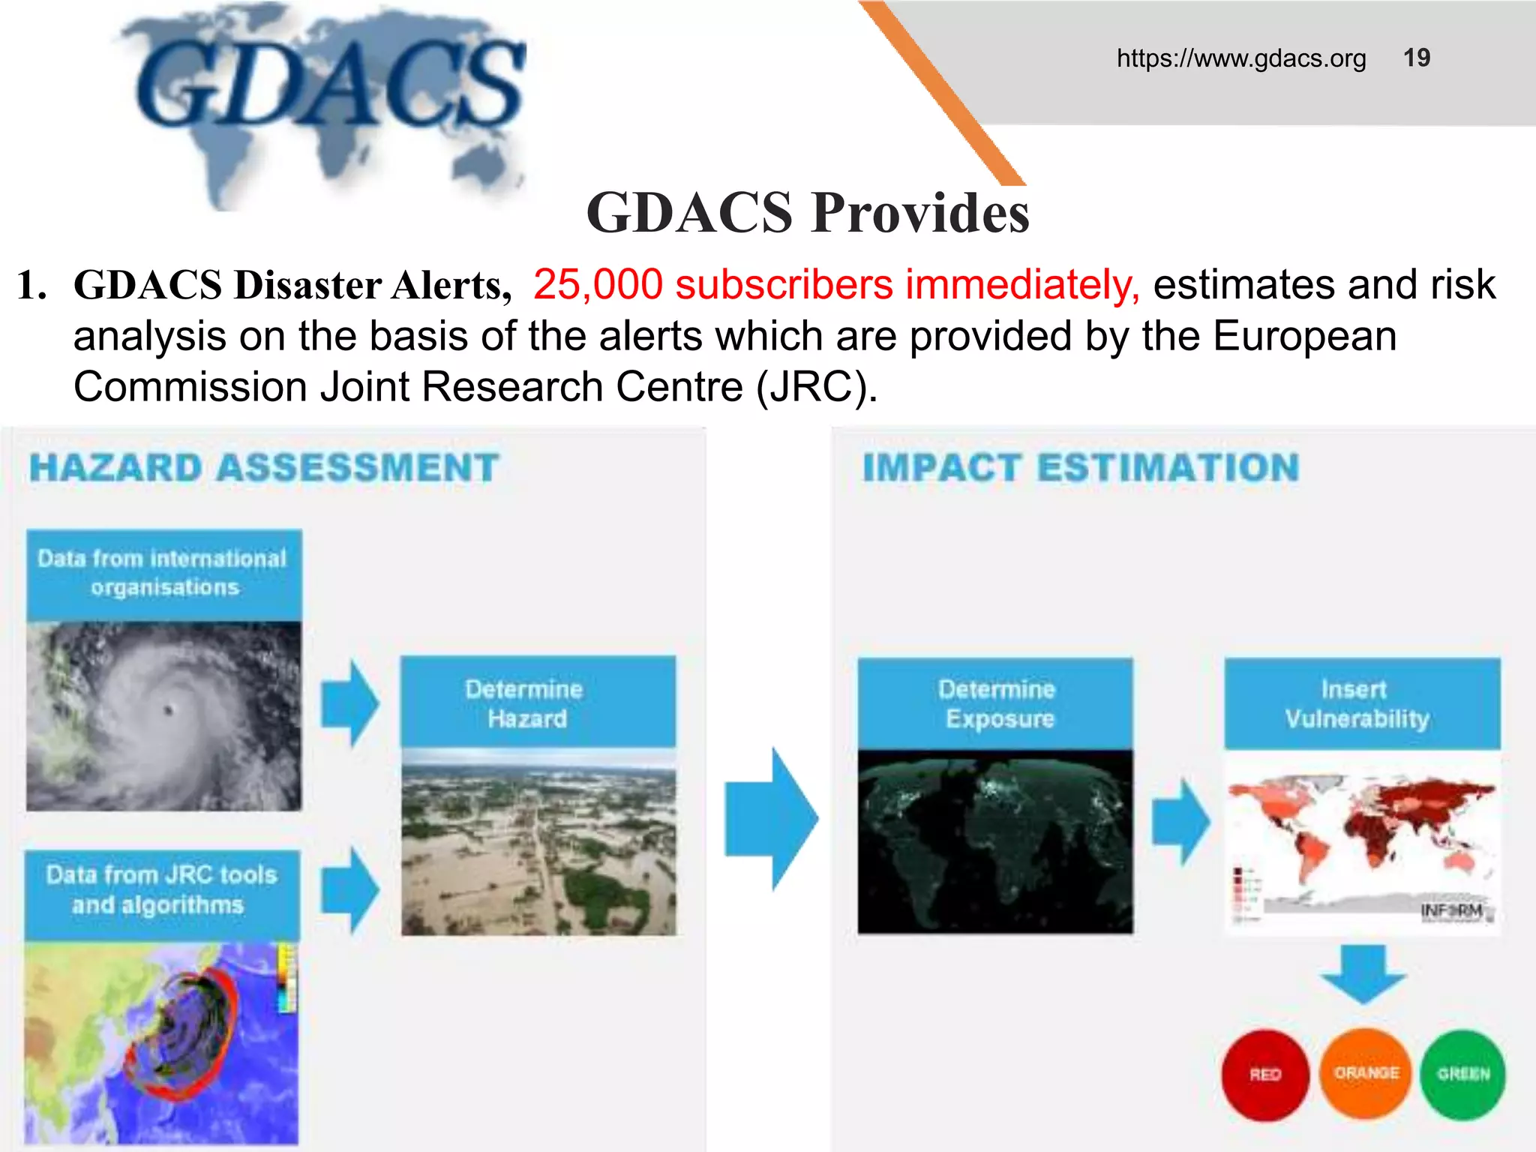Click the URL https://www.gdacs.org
(1240, 58)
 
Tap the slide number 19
(1416, 58)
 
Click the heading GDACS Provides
(808, 213)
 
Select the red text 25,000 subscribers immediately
(835, 285)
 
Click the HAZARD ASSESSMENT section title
(264, 468)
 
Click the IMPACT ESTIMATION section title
(1080, 468)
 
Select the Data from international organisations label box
(163, 574)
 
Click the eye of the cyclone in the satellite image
(169, 709)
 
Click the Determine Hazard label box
(537, 703)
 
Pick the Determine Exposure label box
(995, 703)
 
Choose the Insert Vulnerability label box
(1361, 703)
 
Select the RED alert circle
(1264, 1075)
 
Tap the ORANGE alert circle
(1365, 1073)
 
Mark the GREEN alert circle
(1462, 1074)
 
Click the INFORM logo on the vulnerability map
(1452, 910)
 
